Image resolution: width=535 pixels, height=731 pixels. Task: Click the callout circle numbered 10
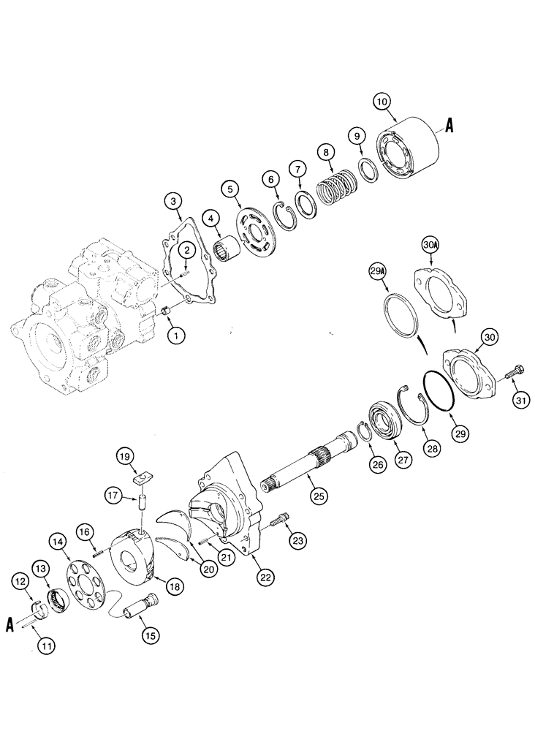pos(383,102)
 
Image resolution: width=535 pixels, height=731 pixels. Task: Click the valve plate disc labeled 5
pos(259,238)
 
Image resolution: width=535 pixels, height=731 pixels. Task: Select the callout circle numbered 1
pos(175,336)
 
